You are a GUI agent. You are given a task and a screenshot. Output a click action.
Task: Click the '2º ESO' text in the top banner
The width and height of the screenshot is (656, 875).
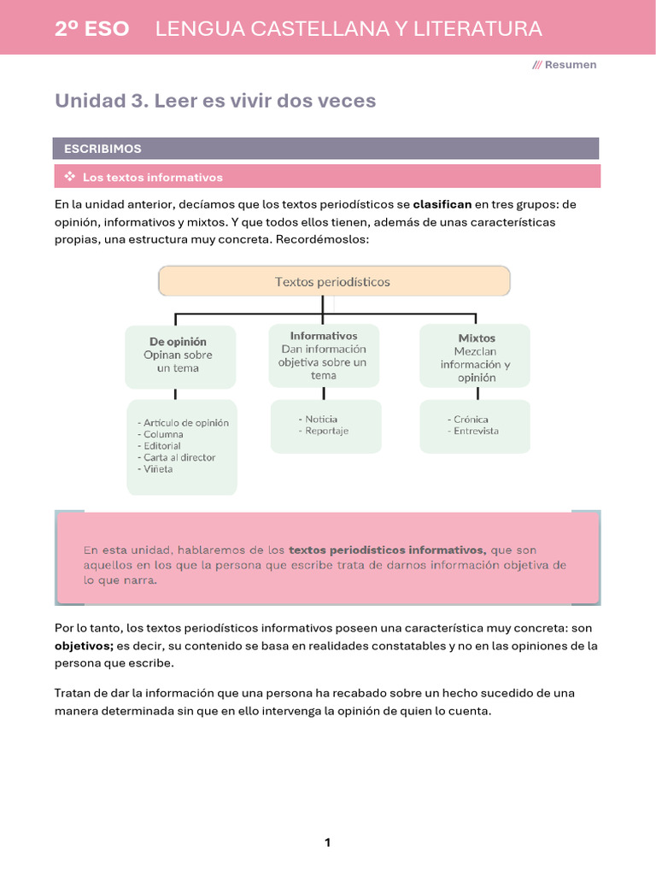(92, 29)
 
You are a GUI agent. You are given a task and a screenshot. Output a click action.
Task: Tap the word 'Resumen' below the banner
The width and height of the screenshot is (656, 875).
(571, 65)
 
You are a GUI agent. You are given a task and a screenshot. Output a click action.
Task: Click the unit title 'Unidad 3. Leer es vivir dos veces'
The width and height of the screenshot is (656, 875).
(215, 101)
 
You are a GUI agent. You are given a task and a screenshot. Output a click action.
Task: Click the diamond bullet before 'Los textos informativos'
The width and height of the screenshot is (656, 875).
(70, 177)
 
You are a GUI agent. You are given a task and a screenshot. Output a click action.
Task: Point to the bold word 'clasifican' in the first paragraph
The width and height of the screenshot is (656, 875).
(442, 205)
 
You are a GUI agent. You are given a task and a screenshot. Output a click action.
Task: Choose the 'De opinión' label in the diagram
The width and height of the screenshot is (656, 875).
(178, 342)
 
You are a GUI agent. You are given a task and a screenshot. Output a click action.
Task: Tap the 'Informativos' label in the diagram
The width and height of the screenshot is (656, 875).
(324, 336)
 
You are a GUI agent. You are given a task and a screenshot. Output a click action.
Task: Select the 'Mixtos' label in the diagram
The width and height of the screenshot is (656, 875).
(477, 338)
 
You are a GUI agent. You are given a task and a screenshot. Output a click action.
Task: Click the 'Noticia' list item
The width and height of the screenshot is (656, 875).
(321, 419)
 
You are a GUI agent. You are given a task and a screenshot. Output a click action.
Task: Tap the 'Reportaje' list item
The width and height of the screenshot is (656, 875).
(326, 431)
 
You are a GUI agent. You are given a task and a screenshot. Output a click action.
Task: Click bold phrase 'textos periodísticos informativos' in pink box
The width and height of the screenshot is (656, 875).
(387, 550)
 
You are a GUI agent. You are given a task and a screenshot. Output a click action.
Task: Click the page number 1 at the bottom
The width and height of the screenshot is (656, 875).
(327, 843)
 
